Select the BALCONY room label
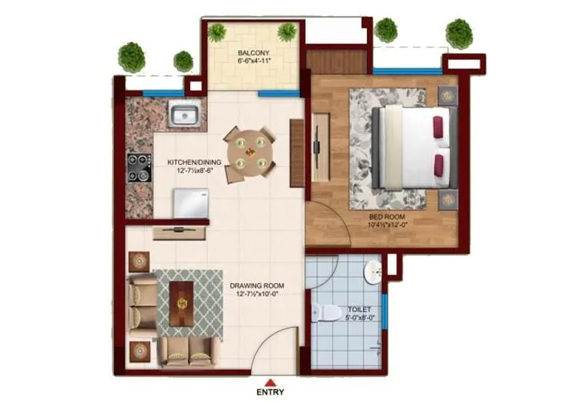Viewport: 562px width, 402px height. (252, 53)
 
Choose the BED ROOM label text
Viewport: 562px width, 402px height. (386, 217)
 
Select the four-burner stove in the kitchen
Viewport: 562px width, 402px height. (139, 166)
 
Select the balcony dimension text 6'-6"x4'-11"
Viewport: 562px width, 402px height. (253, 61)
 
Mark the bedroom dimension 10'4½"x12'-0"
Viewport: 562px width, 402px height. (387, 226)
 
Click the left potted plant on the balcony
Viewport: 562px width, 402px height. (218, 32)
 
